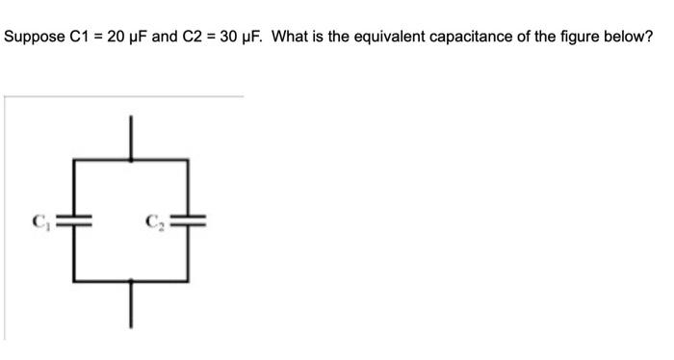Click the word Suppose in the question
point(33,38)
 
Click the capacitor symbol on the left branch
point(77,219)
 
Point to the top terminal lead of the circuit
point(132,135)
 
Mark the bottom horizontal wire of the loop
point(132,282)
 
